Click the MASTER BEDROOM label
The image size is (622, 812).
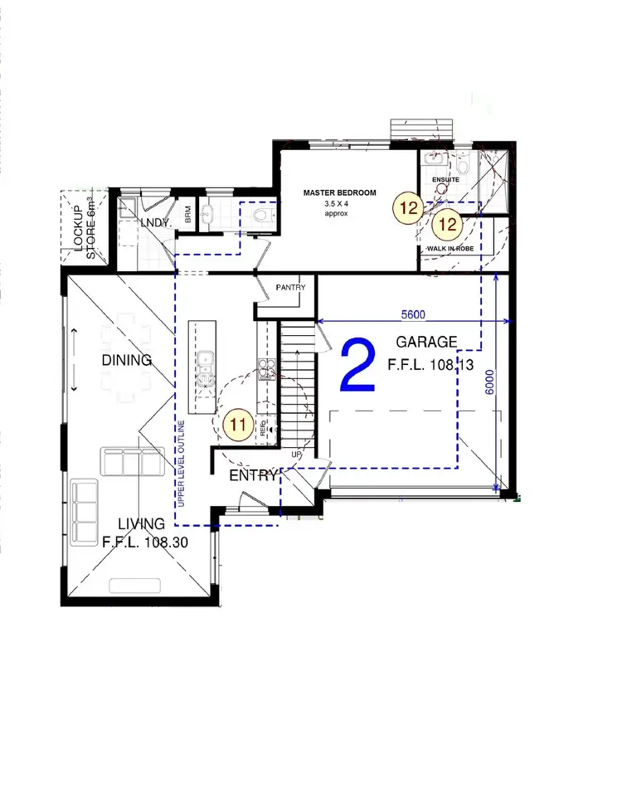pyautogui.click(x=339, y=192)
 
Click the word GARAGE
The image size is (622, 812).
pyautogui.click(x=426, y=342)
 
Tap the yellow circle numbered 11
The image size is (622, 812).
pyautogui.click(x=237, y=425)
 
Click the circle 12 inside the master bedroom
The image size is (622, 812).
pyautogui.click(x=408, y=208)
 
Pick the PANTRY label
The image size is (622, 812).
pyautogui.click(x=290, y=288)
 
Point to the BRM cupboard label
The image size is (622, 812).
pyautogui.click(x=188, y=215)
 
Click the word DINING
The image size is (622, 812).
pyautogui.click(x=127, y=360)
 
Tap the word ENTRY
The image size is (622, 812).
pyautogui.click(x=252, y=475)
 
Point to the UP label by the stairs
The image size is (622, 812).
pyautogui.click(x=296, y=455)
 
